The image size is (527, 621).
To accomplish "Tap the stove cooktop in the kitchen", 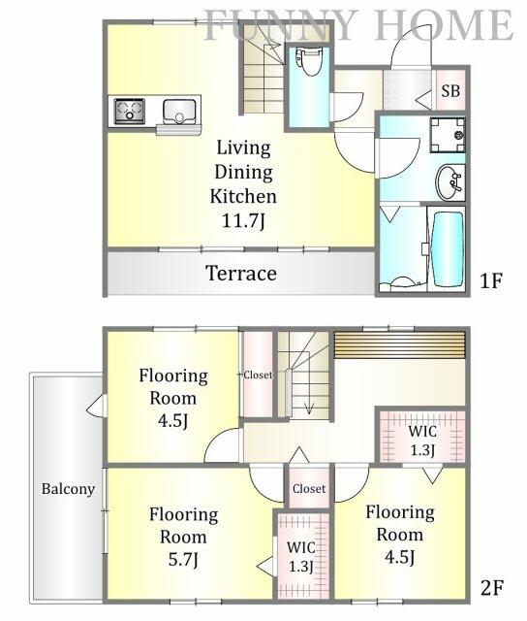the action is click(x=129, y=111).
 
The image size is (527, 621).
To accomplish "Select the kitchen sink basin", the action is click(x=179, y=112).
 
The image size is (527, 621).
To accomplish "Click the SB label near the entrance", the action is click(x=450, y=90).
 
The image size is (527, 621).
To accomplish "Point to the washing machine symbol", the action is click(x=448, y=135).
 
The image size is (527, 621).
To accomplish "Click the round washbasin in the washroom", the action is click(x=449, y=182).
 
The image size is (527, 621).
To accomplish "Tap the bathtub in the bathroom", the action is click(x=449, y=249).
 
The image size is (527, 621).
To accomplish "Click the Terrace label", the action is click(x=241, y=274).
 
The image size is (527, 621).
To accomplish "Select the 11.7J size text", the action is click(x=243, y=220).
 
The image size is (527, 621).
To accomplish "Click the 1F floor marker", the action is click(x=491, y=280).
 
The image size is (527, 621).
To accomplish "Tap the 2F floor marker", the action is click(x=492, y=587).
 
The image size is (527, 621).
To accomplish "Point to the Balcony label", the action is click(x=68, y=489).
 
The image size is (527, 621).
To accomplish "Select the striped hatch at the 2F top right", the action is click(x=400, y=345).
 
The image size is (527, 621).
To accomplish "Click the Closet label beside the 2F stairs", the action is click(x=258, y=375).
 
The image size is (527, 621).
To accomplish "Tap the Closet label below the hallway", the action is click(x=309, y=489).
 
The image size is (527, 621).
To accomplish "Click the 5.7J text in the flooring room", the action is click(x=183, y=560).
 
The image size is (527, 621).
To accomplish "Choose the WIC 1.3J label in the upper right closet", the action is click(x=422, y=441).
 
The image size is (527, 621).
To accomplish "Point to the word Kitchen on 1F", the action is click(x=243, y=196).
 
